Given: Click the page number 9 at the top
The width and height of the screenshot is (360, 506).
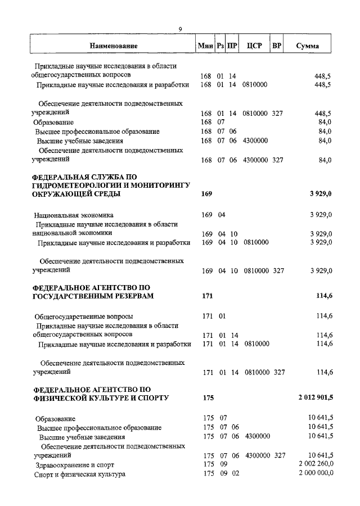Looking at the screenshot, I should (x=180, y=29).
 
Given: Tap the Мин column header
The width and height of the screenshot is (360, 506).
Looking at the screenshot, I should (x=205, y=46).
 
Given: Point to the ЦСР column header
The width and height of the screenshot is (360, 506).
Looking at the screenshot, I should (x=251, y=46).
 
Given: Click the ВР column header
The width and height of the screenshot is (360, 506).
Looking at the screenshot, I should (x=276, y=46).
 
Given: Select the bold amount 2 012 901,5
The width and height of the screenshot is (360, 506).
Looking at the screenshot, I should (x=315, y=398).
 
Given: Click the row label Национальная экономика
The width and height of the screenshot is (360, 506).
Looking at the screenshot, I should (x=73, y=215).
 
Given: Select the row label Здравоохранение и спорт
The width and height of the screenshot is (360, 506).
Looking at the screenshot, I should (x=74, y=464).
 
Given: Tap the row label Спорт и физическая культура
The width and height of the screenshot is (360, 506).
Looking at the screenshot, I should (x=80, y=475).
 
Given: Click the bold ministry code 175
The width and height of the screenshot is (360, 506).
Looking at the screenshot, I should (x=208, y=398).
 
